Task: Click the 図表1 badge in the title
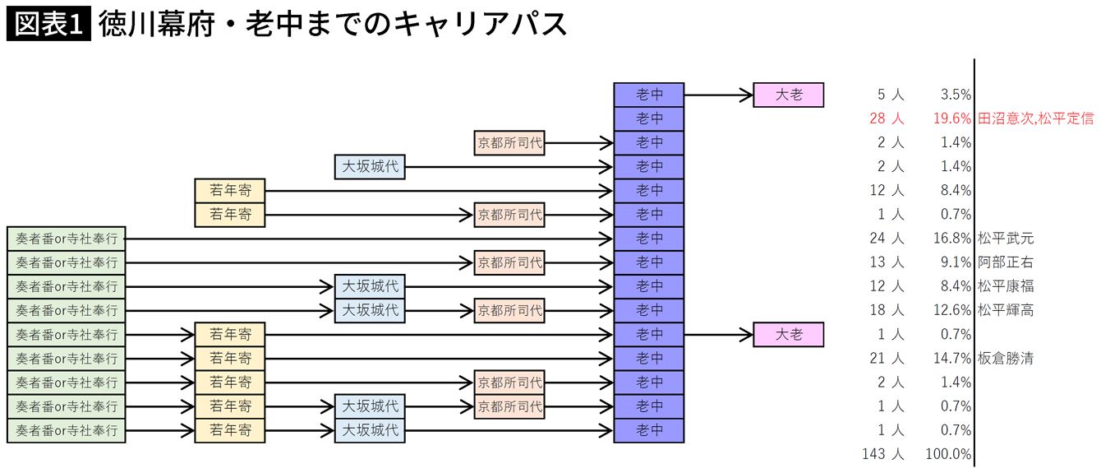click(x=48, y=24)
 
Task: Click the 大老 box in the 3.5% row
click(x=789, y=95)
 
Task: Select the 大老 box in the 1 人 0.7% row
click(x=789, y=335)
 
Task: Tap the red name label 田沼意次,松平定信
click(x=1036, y=119)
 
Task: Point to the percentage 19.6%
click(x=952, y=119)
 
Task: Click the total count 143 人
click(x=883, y=454)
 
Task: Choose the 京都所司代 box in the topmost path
click(x=509, y=143)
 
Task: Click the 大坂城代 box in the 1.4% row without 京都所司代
click(x=370, y=167)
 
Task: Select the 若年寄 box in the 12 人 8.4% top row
click(x=230, y=191)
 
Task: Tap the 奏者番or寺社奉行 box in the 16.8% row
click(x=67, y=239)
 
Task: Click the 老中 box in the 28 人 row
click(x=649, y=119)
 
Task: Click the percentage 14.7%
click(x=952, y=359)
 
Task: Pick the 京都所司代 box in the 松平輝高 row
click(x=509, y=311)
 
